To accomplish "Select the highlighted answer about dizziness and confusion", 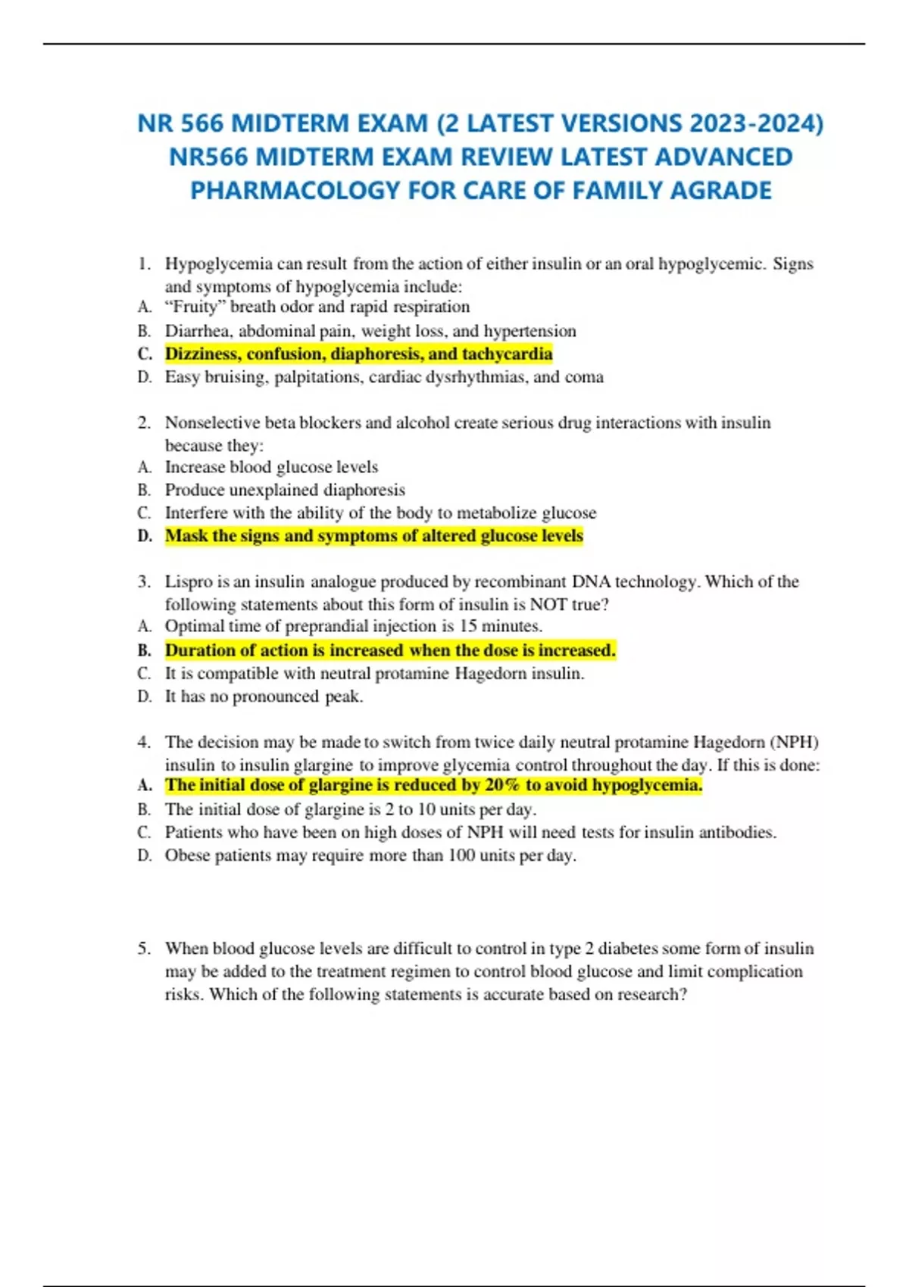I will [358, 354].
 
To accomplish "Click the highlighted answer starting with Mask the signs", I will [374, 536].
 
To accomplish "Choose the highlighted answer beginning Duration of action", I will [390, 650].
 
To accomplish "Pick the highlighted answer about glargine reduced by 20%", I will [433, 785].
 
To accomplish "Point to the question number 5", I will [144, 949].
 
